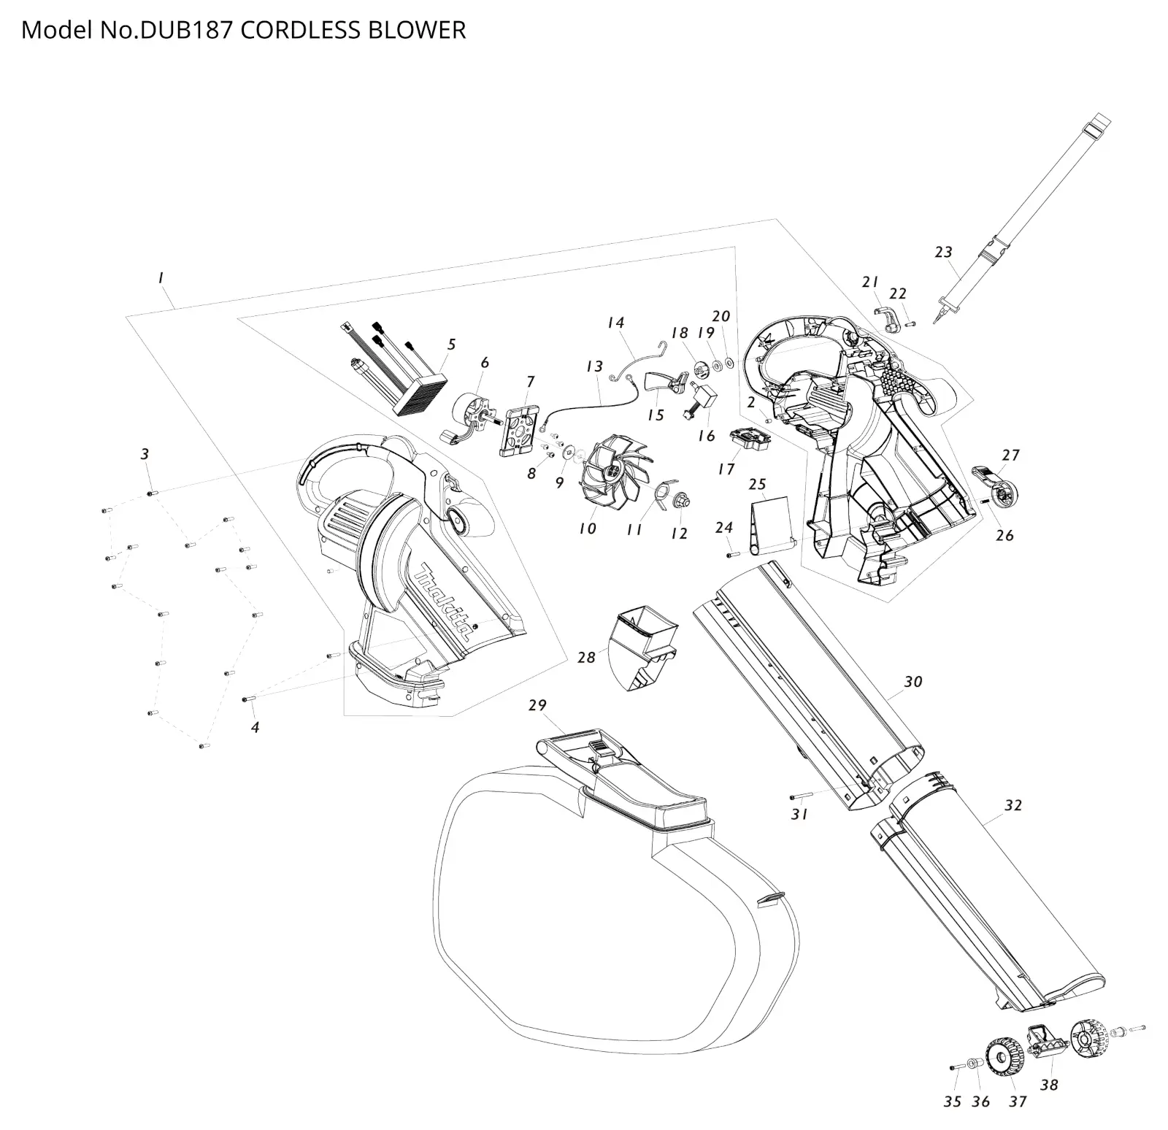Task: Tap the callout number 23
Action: pos(943,252)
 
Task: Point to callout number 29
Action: pos(537,705)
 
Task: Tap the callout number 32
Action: pos(1013,805)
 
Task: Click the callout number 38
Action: pos(1048,1085)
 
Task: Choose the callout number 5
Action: pos(452,344)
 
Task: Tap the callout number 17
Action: pos(726,469)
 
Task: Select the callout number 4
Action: pos(255,727)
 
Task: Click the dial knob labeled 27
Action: pos(997,485)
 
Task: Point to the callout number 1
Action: pos(160,277)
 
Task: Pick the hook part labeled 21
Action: pos(887,318)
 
